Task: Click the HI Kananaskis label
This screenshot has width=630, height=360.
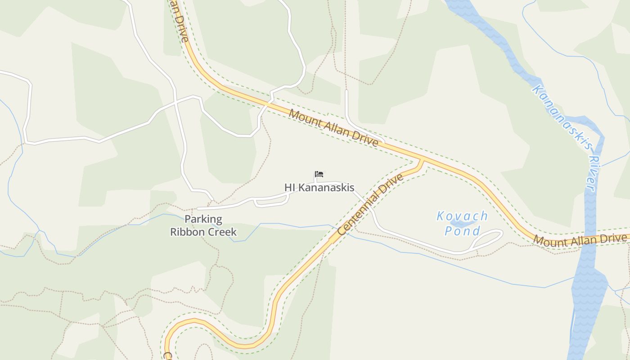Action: click(319, 188)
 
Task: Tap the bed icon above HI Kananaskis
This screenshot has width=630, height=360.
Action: click(319, 174)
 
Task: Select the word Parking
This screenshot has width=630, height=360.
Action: click(203, 220)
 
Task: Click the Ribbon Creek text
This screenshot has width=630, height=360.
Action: click(203, 232)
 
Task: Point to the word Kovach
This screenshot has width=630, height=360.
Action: click(462, 216)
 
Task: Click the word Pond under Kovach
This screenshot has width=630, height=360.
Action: click(462, 231)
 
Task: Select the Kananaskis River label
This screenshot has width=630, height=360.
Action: click(565, 137)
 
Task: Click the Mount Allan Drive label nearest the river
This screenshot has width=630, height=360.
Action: click(580, 239)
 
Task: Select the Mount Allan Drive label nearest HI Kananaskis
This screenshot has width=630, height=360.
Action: click(333, 127)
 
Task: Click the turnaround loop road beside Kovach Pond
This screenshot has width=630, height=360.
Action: click(488, 238)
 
